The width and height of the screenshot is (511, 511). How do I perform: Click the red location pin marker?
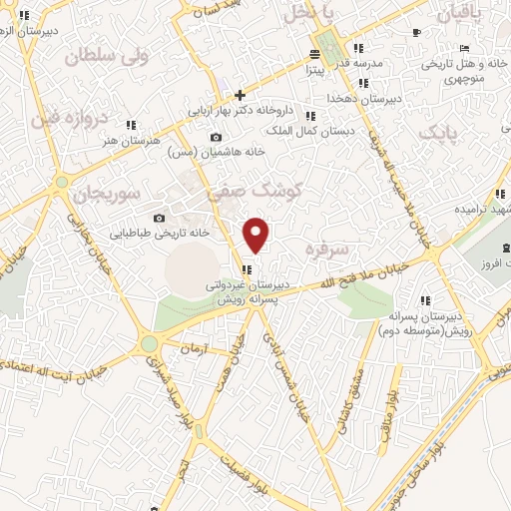pyautogui.click(x=256, y=235)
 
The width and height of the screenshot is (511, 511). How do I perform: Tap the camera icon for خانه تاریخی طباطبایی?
pyautogui.click(x=159, y=218)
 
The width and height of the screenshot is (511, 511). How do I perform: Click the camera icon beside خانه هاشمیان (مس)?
pyautogui.click(x=217, y=138)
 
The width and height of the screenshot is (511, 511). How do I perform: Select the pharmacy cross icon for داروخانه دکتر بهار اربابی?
pyautogui.click(x=240, y=94)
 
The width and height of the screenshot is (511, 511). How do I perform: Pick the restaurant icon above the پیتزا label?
pyautogui.click(x=315, y=54)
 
